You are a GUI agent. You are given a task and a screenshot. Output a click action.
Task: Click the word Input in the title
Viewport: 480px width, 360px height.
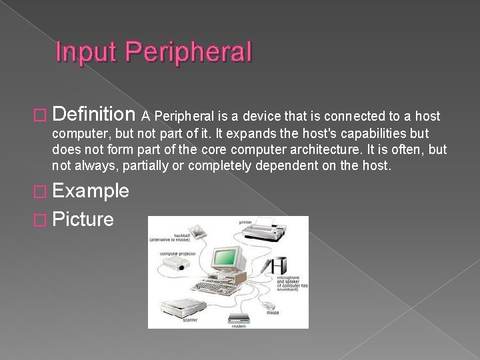click(86, 52)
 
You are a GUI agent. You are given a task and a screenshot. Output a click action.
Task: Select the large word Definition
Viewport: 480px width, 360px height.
click(93, 115)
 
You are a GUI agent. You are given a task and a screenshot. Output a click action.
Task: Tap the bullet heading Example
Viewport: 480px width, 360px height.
click(91, 191)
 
